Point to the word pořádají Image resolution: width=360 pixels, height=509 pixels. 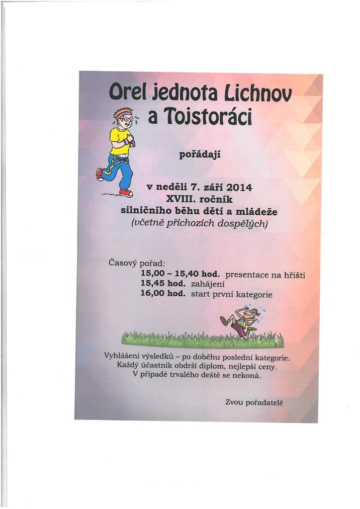pos(199,155)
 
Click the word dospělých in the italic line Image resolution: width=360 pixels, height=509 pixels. pos(244,223)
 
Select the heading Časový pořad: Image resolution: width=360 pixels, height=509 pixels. pos(136,262)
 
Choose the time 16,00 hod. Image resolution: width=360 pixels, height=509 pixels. pos(163,294)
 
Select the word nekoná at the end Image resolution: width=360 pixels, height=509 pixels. pos(245,375)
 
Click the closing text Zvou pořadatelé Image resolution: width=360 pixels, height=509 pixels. pos(254,402)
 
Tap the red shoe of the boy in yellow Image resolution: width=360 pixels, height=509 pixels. pos(126,192)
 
